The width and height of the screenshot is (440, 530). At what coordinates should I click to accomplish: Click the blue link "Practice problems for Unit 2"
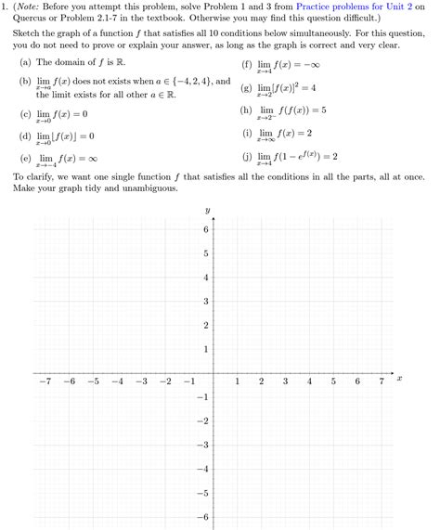click(362, 8)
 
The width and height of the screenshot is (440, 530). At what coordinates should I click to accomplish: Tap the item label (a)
click(25, 64)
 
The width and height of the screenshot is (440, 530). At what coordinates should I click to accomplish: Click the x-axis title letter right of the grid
click(399, 378)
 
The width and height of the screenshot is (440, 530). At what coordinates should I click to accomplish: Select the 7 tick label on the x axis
click(381, 381)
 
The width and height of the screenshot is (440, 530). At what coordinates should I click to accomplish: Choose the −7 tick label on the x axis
click(43, 381)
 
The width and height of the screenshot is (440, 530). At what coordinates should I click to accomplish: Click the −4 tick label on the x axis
click(115, 381)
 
